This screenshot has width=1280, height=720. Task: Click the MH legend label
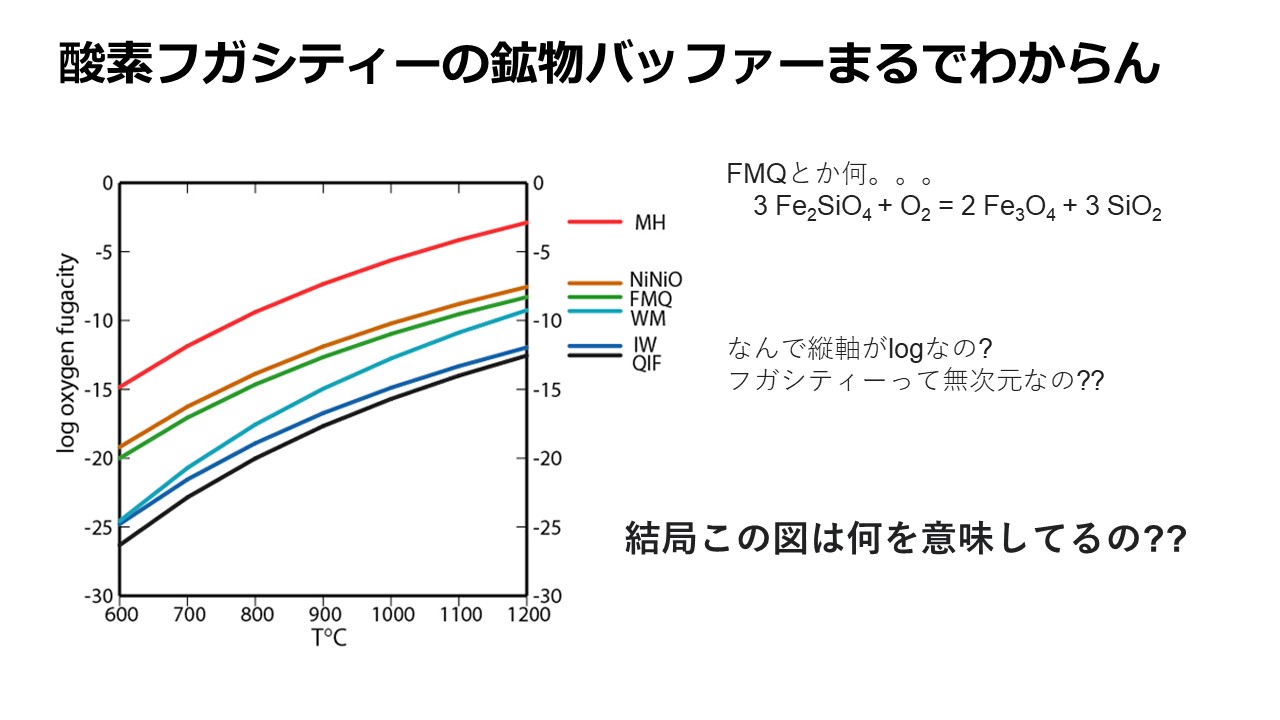[650, 222]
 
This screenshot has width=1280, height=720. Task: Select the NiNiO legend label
[656, 280]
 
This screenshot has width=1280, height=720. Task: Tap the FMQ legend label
[650, 299]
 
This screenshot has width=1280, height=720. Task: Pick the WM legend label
[647, 319]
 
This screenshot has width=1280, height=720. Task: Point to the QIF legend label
[646, 362]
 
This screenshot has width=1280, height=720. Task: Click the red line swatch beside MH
[594, 222]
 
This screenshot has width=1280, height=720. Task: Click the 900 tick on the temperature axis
[322, 614]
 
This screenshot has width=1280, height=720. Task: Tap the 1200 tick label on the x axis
[526, 614]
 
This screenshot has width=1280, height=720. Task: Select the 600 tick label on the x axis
[120, 614]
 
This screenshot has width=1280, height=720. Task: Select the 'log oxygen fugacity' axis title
[67, 353]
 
